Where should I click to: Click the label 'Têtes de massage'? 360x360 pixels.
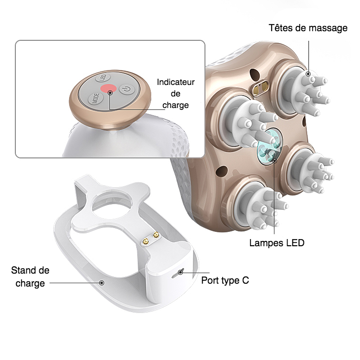pos(308,28)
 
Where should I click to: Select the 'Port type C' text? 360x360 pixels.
pos(225,280)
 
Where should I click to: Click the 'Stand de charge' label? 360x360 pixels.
pos(30,277)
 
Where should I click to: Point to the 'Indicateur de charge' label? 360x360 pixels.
pos(176,93)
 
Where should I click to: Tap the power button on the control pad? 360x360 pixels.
pos(126,89)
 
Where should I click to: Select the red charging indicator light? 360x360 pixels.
pos(109,89)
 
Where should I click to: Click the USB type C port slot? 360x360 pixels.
pos(180,272)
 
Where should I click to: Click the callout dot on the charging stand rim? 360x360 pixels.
pos(102,283)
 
